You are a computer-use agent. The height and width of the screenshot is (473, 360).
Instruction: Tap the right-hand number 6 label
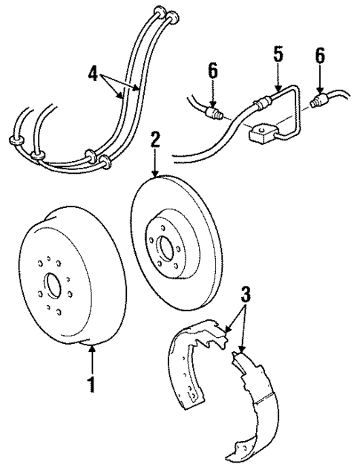coord(320,56)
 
